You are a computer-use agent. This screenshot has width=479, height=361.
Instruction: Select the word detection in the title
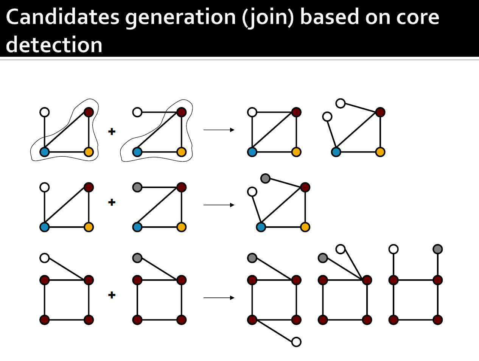point(54,45)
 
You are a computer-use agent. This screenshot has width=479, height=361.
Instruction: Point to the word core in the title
point(418,17)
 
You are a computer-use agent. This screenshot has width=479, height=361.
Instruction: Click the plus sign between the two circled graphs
point(112,132)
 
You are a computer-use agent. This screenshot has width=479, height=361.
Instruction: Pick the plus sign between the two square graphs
point(112,295)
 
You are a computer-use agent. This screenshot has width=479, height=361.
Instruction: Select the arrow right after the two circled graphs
point(219,130)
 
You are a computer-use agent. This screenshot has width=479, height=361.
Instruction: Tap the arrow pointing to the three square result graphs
point(219,298)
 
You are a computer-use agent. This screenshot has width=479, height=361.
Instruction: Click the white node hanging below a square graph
point(296,342)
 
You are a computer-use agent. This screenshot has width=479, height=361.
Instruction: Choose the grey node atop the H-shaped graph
point(438,249)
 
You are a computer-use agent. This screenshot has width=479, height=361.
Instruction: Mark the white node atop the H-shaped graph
point(393,249)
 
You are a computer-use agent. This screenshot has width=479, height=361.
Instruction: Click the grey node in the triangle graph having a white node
point(265,178)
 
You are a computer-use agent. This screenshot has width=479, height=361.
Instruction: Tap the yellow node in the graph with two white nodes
point(380,152)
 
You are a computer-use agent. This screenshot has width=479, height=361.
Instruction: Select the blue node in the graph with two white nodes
point(336,152)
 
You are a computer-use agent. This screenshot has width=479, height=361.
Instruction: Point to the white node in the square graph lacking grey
point(45,258)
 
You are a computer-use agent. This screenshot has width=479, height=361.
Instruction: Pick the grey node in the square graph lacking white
point(137,258)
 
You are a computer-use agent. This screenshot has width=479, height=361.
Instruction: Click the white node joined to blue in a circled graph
point(45,112)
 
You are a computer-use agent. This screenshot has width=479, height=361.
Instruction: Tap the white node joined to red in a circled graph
point(137,112)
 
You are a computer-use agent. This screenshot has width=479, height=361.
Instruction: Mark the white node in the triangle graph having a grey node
point(252,192)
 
